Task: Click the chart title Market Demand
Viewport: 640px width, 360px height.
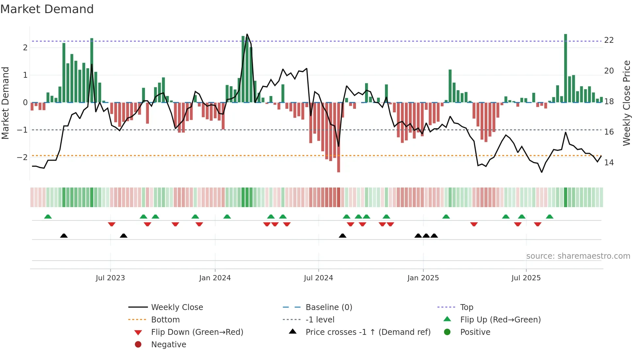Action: pos(47,9)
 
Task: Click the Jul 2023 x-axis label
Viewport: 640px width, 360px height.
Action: pos(110,278)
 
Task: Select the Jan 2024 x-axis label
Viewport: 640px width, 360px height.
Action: pos(215,278)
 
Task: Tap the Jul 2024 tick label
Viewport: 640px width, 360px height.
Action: pos(318,278)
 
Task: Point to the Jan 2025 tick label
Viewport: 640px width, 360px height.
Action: pos(423,278)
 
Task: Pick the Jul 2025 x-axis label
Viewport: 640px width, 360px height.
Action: pos(526,278)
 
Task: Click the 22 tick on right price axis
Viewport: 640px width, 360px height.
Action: pos(609,40)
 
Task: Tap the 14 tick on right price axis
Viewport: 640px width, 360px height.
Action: pos(609,163)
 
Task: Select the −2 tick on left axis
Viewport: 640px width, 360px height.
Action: pos(22,157)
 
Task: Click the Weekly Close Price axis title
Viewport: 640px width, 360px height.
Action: pos(627,103)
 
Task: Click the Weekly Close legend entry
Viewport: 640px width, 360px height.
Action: pos(177,307)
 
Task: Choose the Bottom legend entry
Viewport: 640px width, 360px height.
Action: pos(165,320)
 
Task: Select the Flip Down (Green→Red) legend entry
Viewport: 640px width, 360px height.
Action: pos(197,332)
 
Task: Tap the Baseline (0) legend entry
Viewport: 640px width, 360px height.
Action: pos(329,307)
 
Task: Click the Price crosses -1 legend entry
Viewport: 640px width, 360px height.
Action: pos(368,332)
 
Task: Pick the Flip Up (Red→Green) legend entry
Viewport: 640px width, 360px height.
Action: pos(500,320)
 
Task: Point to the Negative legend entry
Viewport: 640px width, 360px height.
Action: pos(168,345)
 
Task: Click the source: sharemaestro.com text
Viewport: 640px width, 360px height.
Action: pos(578,256)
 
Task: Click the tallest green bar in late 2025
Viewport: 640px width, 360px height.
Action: pos(566,69)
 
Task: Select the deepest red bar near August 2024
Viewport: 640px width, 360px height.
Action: pos(339,137)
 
